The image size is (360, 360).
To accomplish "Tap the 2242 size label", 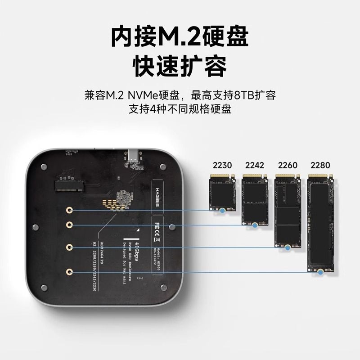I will point(254,165).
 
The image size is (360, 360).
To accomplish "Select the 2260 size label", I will point(288,165).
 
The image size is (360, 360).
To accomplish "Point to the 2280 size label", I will point(321,165).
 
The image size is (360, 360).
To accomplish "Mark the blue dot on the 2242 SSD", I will point(255,224).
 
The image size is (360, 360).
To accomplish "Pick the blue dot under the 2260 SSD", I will point(288,247).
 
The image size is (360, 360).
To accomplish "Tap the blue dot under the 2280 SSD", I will point(319,271).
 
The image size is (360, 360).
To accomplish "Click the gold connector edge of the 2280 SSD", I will point(321,175).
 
